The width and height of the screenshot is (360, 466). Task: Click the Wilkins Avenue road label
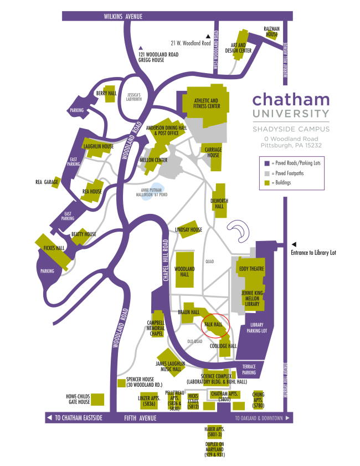click(123, 16)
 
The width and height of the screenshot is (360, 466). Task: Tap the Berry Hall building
click(110, 94)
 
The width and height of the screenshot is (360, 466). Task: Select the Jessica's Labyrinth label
click(133, 97)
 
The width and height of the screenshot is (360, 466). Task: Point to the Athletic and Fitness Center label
click(207, 103)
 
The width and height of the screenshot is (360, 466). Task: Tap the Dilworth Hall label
click(219, 203)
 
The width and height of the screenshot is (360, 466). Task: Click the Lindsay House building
click(189, 229)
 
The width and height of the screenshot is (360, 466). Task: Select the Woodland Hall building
click(185, 270)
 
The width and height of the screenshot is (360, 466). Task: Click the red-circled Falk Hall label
click(213, 324)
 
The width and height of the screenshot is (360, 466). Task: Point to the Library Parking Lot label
click(256, 327)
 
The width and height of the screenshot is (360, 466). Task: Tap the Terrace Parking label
click(249, 370)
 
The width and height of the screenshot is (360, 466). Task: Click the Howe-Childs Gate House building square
click(97, 399)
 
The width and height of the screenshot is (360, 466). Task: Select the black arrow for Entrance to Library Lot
click(294, 244)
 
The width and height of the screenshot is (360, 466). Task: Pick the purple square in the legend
click(267, 163)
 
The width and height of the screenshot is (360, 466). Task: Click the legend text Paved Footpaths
click(289, 173)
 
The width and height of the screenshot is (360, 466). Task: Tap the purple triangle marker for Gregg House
click(141, 48)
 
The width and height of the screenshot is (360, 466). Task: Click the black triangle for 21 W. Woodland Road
click(208, 36)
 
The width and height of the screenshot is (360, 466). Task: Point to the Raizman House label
click(271, 32)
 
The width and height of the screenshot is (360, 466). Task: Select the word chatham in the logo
click(291, 99)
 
